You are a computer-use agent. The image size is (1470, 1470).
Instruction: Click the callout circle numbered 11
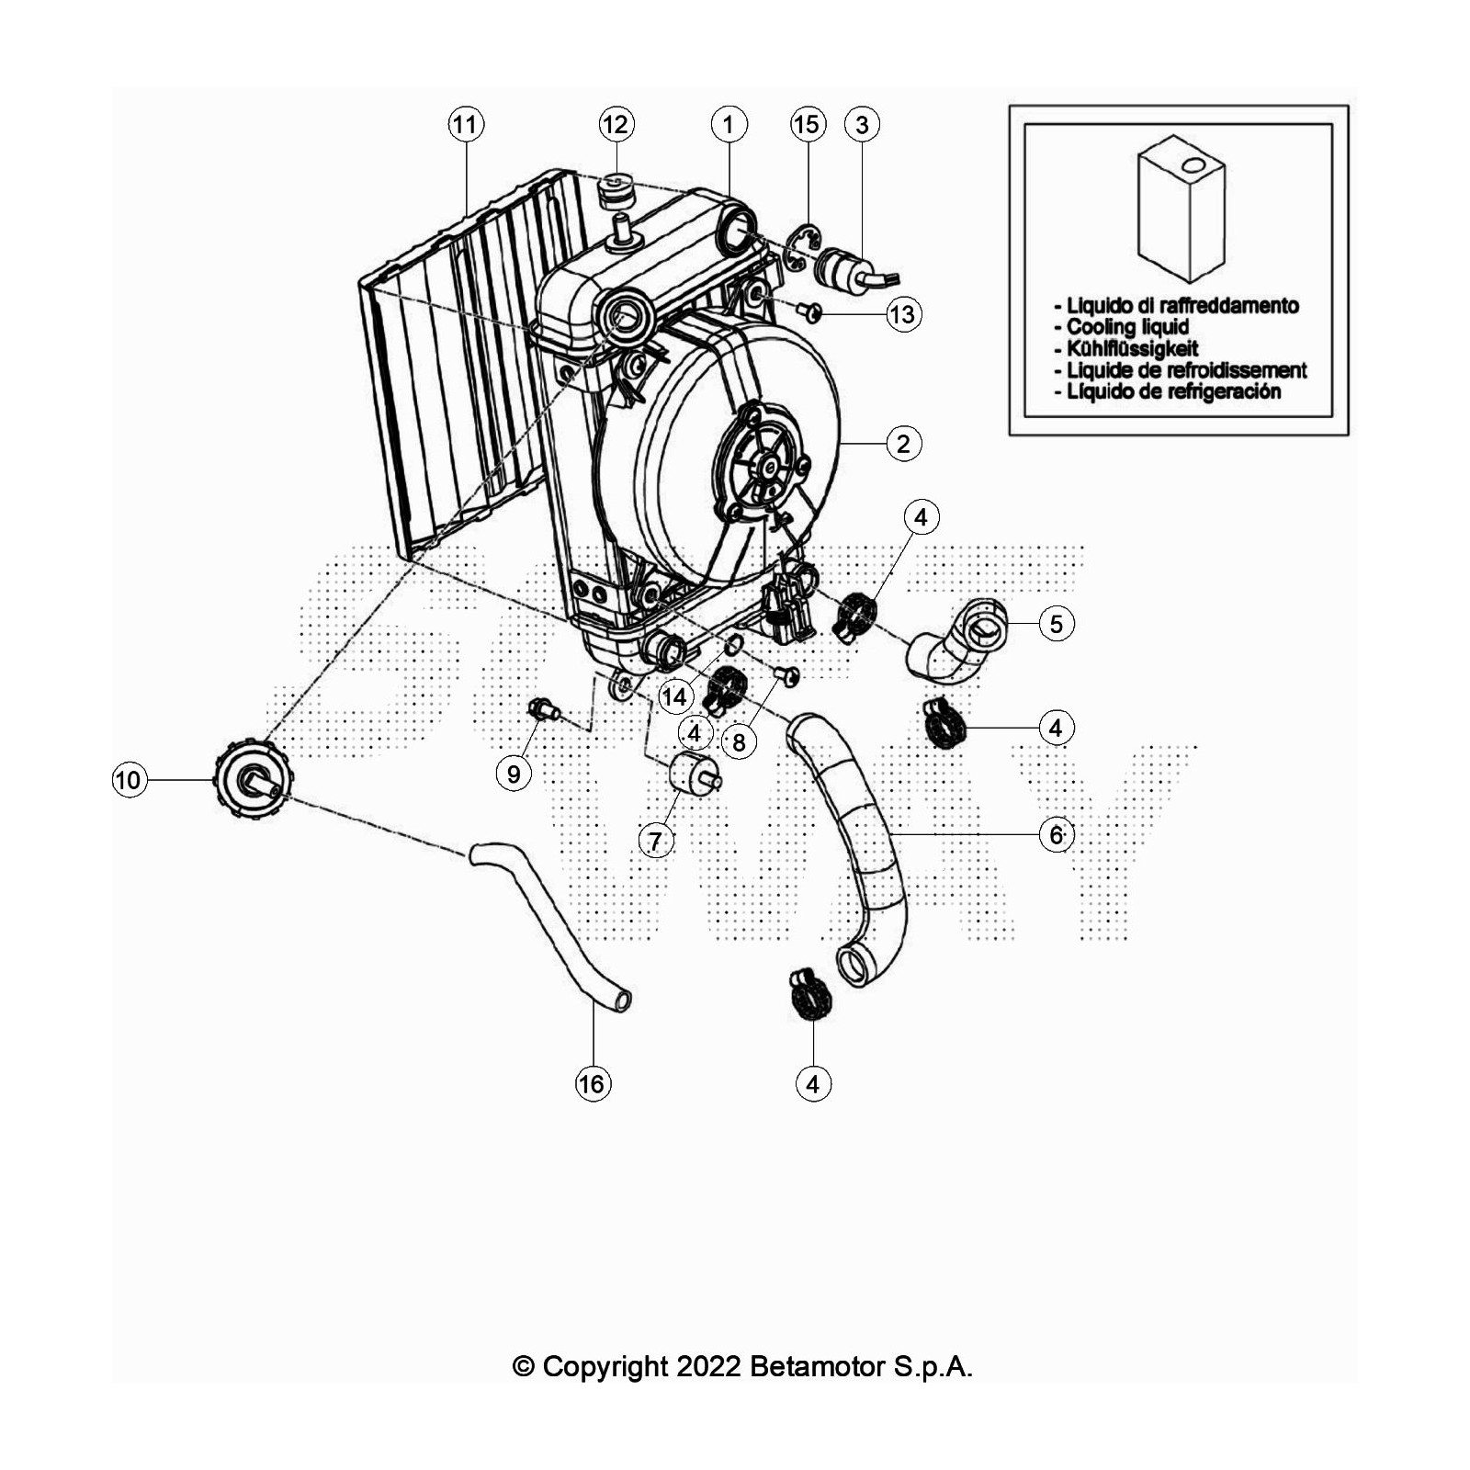click(466, 124)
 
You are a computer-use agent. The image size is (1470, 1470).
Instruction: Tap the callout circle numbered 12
click(616, 124)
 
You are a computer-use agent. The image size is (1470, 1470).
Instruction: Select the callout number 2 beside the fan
click(904, 444)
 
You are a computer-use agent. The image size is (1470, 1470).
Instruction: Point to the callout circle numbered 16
click(593, 1084)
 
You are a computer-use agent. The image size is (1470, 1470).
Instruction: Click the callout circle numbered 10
click(129, 781)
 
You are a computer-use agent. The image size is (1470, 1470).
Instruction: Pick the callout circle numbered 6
click(1057, 834)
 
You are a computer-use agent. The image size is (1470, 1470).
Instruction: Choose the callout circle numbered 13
click(904, 314)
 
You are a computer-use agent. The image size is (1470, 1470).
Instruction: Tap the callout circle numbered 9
click(514, 774)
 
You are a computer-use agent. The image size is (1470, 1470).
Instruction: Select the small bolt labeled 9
click(544, 710)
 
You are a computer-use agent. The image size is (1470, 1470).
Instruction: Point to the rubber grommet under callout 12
click(616, 194)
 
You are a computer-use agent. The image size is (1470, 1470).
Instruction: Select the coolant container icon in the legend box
click(1182, 208)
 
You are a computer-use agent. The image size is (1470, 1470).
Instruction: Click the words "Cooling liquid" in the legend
click(1127, 327)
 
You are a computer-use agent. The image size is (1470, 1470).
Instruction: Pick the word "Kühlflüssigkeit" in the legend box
click(1133, 348)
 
